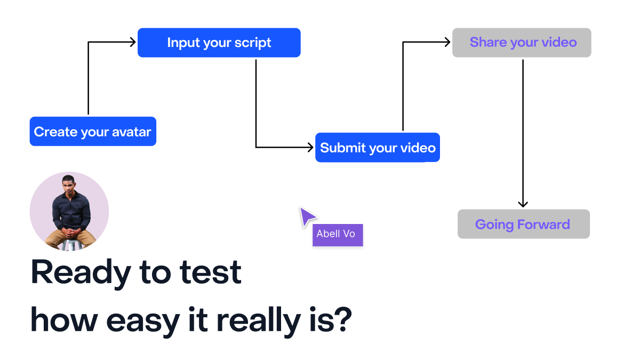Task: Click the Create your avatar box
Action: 93,131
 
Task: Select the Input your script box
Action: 219,43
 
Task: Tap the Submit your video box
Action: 378,147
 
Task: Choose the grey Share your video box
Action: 522,43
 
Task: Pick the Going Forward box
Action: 524,224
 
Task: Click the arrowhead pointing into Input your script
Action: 133,42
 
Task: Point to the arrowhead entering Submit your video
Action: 311,147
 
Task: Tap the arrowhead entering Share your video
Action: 447,42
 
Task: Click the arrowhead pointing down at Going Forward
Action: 523,204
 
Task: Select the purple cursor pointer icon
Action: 307,217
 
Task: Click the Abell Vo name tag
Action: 338,235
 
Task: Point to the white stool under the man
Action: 70,245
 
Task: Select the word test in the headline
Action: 210,273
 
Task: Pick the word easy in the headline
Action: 143,322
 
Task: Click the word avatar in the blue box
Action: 131,132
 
